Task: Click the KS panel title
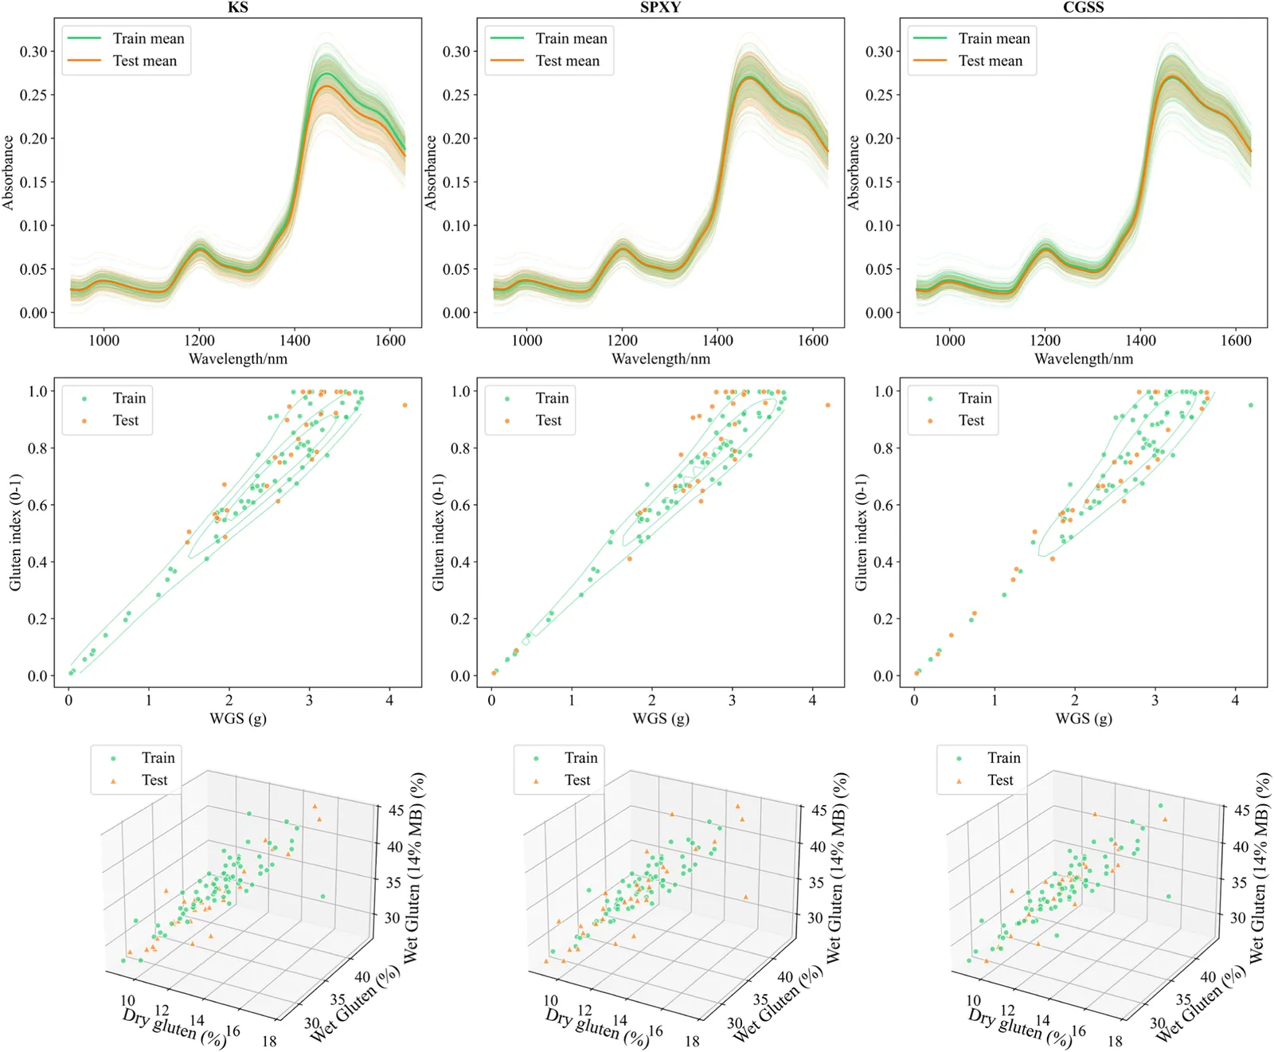(237, 7)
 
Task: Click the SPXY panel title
(660, 7)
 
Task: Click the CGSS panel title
(1083, 7)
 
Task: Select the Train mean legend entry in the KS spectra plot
(127, 38)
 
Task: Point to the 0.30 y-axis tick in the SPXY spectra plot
(456, 52)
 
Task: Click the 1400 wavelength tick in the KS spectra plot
(295, 341)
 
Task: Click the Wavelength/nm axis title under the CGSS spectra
(1084, 359)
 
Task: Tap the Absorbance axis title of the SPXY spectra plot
(431, 172)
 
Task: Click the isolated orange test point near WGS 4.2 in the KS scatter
(404, 405)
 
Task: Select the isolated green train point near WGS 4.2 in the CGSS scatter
(1251, 405)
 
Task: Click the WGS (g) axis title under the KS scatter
(238, 718)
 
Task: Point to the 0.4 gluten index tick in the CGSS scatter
(883, 562)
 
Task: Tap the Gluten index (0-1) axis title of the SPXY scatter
(438, 532)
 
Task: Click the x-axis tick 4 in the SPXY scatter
(812, 700)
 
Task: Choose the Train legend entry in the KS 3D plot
(143, 758)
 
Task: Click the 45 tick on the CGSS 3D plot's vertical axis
(1241, 811)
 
